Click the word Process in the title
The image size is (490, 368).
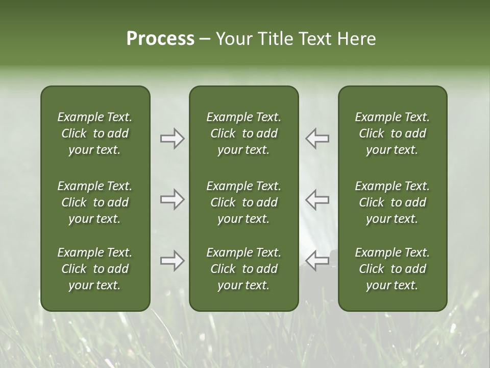(160, 39)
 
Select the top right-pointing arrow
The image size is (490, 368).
(172, 139)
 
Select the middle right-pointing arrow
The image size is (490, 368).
(172, 199)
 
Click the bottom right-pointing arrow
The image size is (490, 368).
(172, 261)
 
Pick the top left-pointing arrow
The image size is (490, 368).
(317, 139)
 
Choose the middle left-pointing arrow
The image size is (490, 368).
(317, 199)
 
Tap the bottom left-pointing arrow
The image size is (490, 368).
(317, 261)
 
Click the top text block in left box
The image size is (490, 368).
(95, 133)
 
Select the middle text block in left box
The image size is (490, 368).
(95, 202)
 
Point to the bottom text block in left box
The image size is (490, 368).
(95, 269)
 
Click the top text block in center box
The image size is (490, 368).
(244, 133)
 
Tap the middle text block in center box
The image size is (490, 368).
(244, 202)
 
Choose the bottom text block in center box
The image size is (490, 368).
(244, 269)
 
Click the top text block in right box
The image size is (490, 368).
(393, 133)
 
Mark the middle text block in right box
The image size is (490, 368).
(393, 202)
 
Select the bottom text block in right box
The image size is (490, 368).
(393, 269)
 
